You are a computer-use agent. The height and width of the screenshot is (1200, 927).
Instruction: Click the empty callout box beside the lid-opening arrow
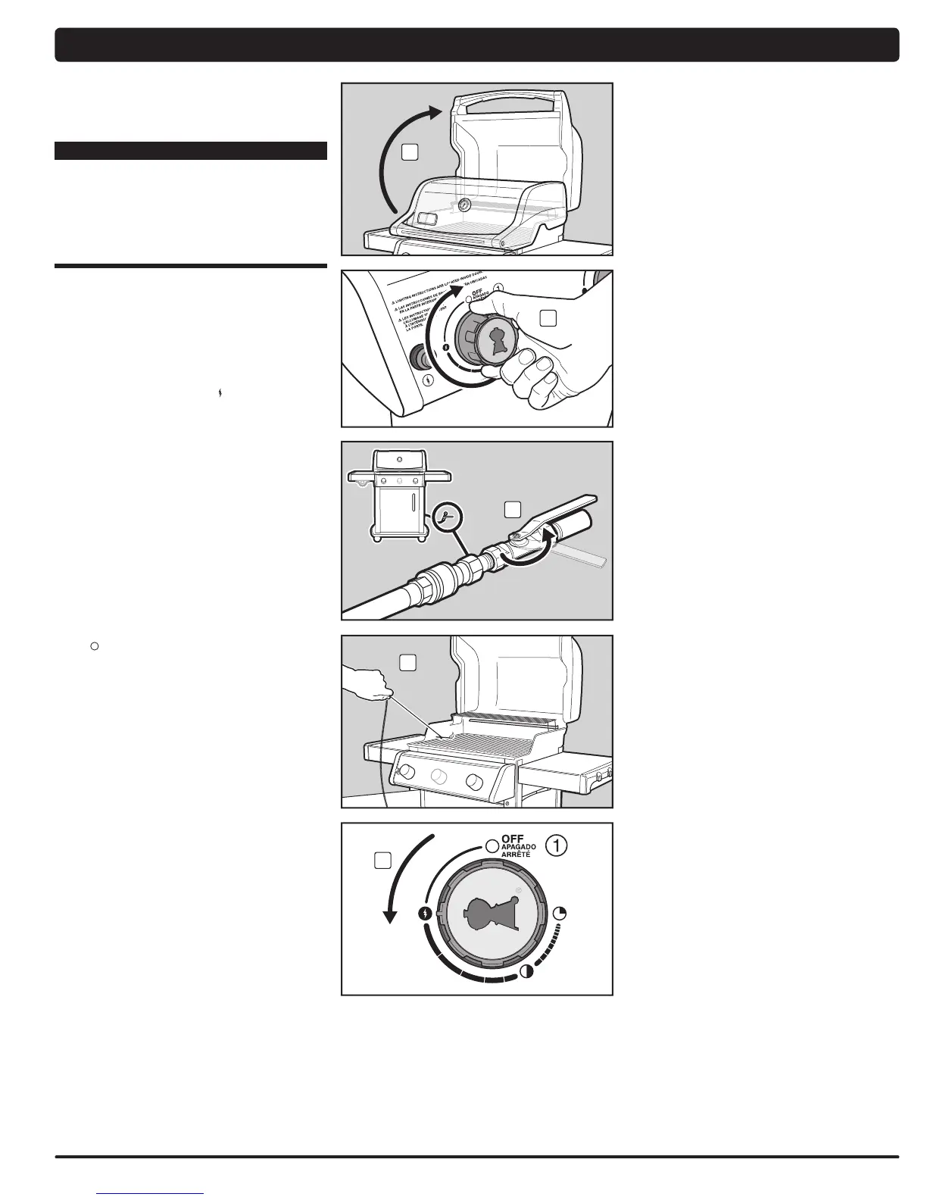click(x=409, y=152)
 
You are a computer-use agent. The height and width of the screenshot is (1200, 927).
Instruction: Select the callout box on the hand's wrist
click(x=548, y=319)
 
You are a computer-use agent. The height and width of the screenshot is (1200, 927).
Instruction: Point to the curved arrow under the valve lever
click(x=530, y=557)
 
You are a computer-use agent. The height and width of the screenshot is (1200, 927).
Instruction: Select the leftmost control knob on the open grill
click(x=405, y=773)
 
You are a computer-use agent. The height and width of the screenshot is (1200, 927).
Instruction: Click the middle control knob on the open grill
click(x=438, y=777)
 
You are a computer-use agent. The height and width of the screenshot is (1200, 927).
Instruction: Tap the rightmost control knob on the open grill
click(x=474, y=781)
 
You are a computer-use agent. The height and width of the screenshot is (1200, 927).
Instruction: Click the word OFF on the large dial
click(x=513, y=839)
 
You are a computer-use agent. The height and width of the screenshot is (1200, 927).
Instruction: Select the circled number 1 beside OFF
click(x=556, y=846)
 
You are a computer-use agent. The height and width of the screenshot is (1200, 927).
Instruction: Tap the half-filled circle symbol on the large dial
click(x=526, y=973)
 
